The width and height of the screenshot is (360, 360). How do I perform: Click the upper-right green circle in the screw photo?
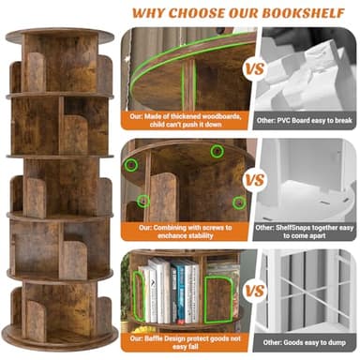click(217, 152)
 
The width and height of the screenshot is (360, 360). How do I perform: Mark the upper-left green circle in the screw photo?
click(132, 163)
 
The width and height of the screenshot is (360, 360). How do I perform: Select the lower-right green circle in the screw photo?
click(238, 202)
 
